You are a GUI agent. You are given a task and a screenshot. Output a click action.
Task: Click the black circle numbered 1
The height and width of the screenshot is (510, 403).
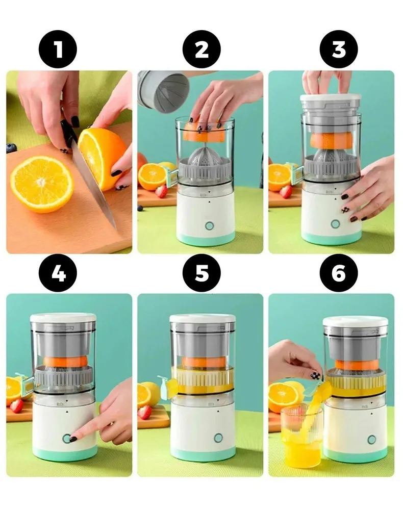(x=58, y=49)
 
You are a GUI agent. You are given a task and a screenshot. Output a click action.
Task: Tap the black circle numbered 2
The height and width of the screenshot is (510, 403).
(x=202, y=49)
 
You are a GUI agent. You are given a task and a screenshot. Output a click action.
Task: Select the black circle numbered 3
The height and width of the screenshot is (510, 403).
(x=339, y=49)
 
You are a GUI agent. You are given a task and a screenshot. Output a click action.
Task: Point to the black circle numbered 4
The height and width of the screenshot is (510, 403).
(x=58, y=272)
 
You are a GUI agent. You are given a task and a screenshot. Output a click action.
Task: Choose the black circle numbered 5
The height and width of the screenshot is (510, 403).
(x=202, y=272)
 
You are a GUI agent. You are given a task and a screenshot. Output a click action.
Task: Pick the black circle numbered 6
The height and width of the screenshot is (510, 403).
(x=339, y=272)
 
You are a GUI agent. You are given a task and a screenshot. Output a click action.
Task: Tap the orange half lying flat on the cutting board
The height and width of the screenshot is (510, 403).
(x=42, y=184)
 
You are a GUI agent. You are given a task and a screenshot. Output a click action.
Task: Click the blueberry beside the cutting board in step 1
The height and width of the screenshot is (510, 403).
(x=12, y=148)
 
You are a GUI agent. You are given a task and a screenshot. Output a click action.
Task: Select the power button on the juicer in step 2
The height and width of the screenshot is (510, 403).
(x=210, y=225)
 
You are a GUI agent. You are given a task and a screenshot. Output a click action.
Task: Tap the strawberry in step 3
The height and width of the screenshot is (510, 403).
(x=286, y=192)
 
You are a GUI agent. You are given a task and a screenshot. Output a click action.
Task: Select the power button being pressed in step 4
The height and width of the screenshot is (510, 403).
(x=67, y=439)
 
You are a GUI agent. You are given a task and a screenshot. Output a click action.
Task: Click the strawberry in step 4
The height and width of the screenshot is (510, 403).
(x=16, y=406)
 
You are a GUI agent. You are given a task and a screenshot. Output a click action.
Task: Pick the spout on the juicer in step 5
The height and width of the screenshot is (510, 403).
(x=166, y=387)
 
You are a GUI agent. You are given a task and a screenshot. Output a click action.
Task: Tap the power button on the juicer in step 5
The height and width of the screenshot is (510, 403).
(x=218, y=438)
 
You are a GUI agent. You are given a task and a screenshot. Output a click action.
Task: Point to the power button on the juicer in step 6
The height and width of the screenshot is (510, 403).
(x=371, y=440)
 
